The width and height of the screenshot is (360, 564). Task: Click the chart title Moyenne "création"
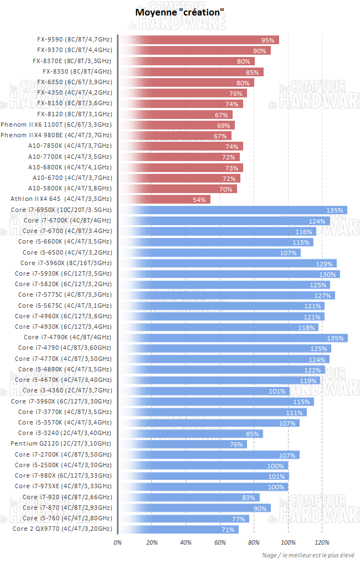179,12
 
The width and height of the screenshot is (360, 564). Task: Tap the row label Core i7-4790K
67,337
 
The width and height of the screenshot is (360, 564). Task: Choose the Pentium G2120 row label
61,443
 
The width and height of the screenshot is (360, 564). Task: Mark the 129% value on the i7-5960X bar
324,263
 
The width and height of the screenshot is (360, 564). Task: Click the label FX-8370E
72,61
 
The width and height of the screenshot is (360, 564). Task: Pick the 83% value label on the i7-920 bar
248,497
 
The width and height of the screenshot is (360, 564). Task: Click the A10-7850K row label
70,146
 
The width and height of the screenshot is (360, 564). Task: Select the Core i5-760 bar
183,518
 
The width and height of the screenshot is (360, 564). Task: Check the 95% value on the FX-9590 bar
268,40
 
